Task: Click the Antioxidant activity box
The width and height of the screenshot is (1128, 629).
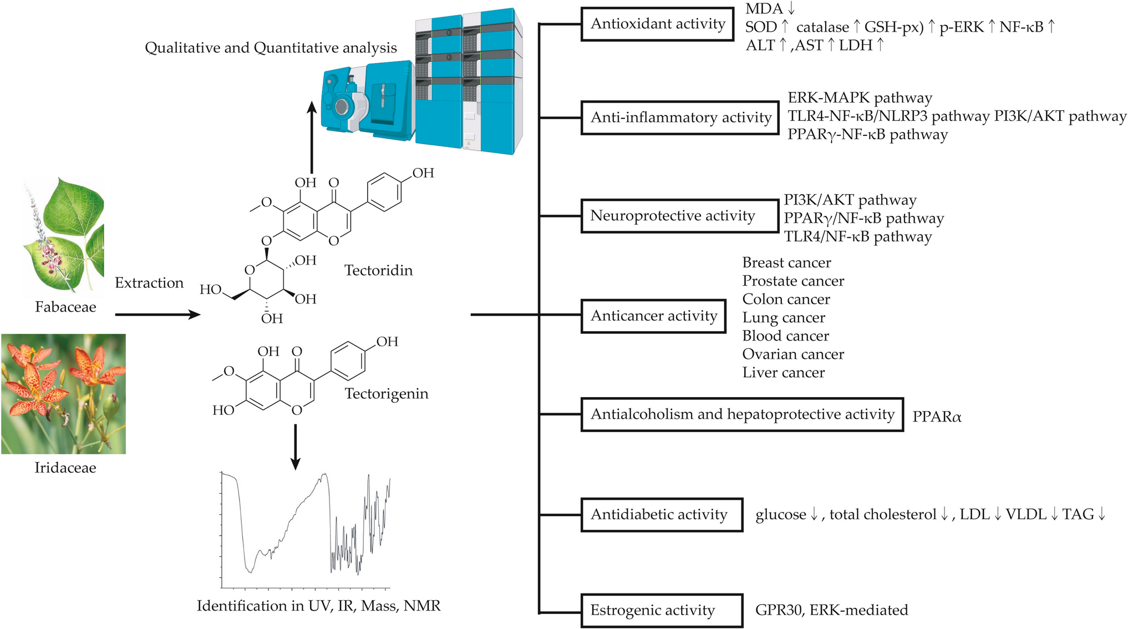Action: pos(657,24)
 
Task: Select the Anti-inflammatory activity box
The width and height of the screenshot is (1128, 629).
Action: pos(680,118)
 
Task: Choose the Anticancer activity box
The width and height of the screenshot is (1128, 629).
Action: pos(653,316)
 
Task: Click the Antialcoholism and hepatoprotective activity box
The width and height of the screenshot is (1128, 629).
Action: pos(741,414)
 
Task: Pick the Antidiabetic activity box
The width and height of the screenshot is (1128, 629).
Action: pos(661,515)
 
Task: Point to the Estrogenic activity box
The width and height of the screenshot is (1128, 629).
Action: pos(661,611)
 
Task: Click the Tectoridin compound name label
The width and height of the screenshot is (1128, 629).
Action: pos(378,271)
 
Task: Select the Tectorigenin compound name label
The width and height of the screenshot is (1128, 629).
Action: pos(386,394)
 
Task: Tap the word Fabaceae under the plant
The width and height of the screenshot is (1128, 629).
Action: pos(65,307)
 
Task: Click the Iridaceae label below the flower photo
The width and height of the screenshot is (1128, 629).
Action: pos(65,468)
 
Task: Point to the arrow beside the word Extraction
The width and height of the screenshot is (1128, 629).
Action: pos(157,315)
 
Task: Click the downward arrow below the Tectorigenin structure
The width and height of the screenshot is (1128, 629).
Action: pos(296,447)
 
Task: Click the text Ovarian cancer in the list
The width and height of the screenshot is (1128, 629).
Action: pos(792,354)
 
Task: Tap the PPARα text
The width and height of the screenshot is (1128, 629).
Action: pos(936,417)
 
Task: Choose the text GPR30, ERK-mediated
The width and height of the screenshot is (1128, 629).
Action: pos(831,611)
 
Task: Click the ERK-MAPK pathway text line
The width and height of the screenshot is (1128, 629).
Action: pos(860,98)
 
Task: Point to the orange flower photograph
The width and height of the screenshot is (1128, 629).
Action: pos(63,394)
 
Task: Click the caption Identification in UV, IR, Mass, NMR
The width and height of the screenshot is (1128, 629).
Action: pos(318,606)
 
